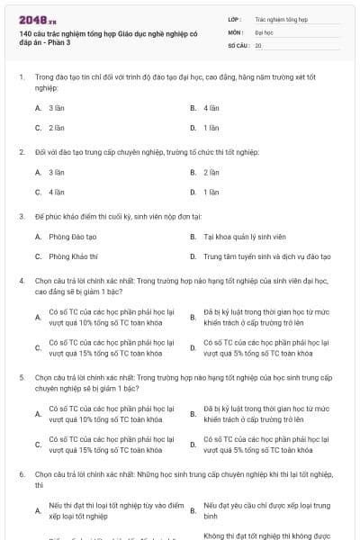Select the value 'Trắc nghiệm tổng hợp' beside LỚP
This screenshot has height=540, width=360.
tap(281, 18)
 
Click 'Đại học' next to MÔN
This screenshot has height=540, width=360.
tap(265, 31)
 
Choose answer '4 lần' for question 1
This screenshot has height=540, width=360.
tap(211, 107)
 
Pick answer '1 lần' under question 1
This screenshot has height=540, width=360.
tap(211, 128)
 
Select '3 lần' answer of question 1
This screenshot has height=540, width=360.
tap(57, 107)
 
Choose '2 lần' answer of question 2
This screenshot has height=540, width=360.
tap(211, 171)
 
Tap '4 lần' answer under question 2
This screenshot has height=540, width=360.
tap(57, 192)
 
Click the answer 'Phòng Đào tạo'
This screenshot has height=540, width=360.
tap(72, 236)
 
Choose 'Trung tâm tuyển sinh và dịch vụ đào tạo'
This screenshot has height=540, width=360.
tap(267, 256)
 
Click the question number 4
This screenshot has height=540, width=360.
tap(20, 281)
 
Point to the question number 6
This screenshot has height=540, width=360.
tap(20, 473)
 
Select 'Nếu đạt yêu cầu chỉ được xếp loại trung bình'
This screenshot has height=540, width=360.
tap(260, 510)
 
